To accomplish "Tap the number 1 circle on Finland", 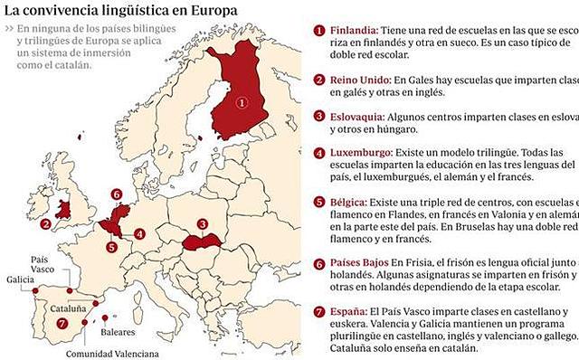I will click(241, 103).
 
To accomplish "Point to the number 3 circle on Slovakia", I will click(203, 223).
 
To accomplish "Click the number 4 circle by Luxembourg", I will click(139, 234).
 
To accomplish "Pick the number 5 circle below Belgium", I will click(110, 246).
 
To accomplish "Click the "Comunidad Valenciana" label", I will click(117, 353).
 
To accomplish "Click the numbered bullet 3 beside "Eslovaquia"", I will click(320, 117).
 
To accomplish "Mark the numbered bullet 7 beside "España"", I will click(320, 312).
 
